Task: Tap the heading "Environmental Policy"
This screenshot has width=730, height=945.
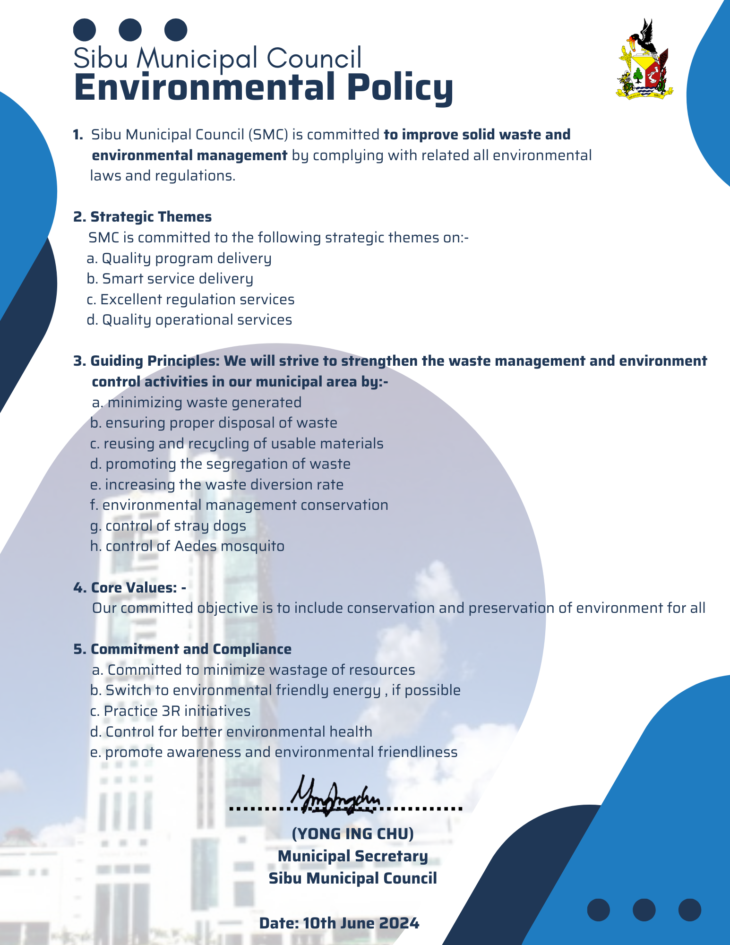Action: pyautogui.click(x=264, y=87)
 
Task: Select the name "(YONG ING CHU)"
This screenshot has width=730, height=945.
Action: pyautogui.click(x=352, y=833)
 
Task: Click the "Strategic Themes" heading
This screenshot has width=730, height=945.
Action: pyautogui.click(x=151, y=217)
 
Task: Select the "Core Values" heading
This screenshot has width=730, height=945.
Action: pyautogui.click(x=129, y=587)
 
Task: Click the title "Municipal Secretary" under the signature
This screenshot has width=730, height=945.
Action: pyautogui.click(x=352, y=856)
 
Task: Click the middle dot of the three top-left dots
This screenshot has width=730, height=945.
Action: pyautogui.click(x=130, y=30)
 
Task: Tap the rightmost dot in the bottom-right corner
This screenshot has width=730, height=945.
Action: pyautogui.click(x=689, y=910)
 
